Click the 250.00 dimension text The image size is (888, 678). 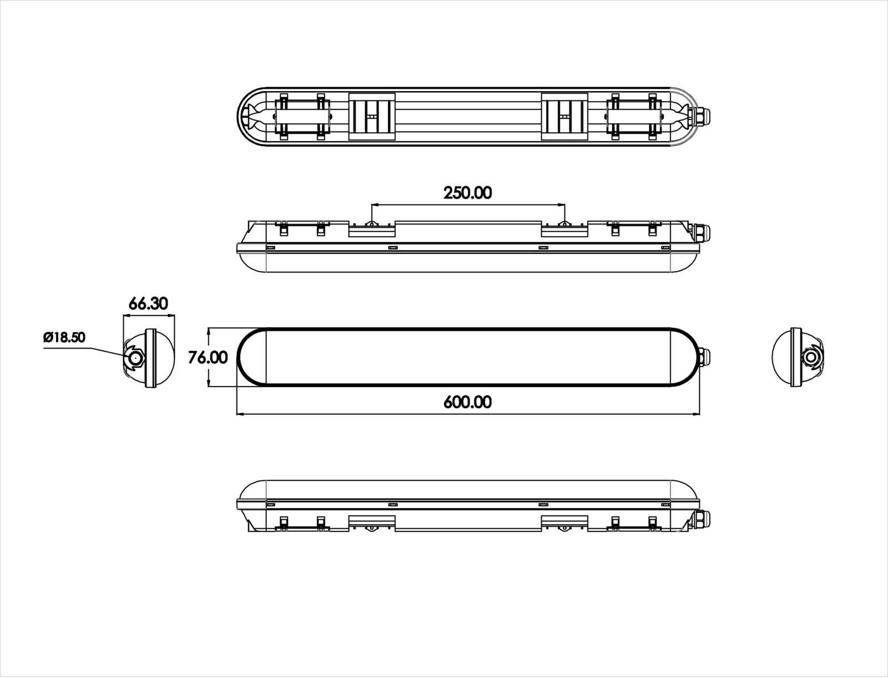467,193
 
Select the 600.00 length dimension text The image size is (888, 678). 467,402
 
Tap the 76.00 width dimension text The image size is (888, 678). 208,358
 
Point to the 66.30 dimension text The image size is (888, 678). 148,304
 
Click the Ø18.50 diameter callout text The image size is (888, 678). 65,337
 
